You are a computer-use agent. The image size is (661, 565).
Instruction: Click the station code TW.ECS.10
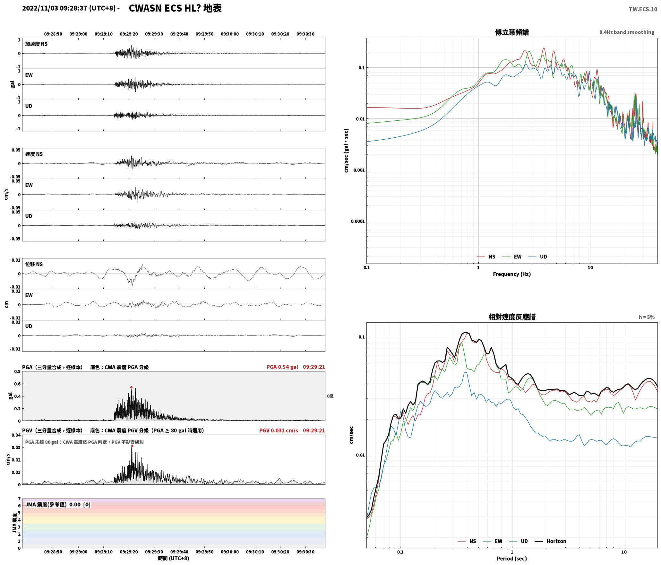point(643,9)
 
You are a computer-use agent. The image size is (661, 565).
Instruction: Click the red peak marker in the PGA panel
point(131,387)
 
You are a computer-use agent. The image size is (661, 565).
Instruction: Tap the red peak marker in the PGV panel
point(132,446)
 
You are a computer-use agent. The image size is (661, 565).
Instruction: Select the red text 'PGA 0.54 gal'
point(282,367)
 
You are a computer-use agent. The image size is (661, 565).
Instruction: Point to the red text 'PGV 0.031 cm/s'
point(279,430)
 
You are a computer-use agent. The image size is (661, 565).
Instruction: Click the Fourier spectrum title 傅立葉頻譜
point(512,32)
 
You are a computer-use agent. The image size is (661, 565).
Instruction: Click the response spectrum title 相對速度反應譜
point(512,317)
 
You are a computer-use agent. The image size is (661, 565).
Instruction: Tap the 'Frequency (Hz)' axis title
point(512,274)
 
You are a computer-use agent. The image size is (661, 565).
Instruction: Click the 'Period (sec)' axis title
point(512,558)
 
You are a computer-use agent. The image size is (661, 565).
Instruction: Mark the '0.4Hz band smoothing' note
point(627,32)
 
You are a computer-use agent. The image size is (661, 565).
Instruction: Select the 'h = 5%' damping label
point(647,317)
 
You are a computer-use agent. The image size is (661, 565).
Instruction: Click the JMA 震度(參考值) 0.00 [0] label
point(58,504)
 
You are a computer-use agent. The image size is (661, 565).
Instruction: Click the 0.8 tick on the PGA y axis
point(17,371)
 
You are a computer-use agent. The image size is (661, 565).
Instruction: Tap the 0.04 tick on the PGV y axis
point(16,435)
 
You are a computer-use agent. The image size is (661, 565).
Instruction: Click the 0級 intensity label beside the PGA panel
point(330,396)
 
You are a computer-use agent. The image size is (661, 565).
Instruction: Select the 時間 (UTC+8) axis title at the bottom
point(173,558)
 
